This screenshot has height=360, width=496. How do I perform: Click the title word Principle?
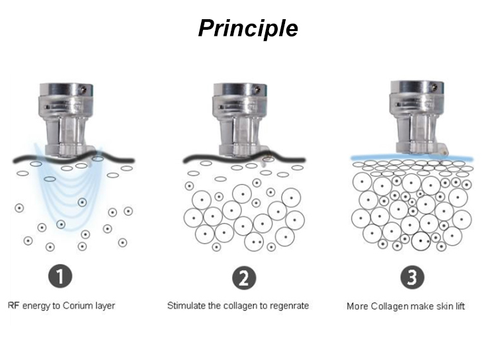(x=248, y=28)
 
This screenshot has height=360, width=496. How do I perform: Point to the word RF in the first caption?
(x=13, y=306)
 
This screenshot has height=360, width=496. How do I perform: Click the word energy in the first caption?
(x=36, y=306)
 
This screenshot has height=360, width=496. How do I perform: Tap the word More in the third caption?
(x=358, y=306)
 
